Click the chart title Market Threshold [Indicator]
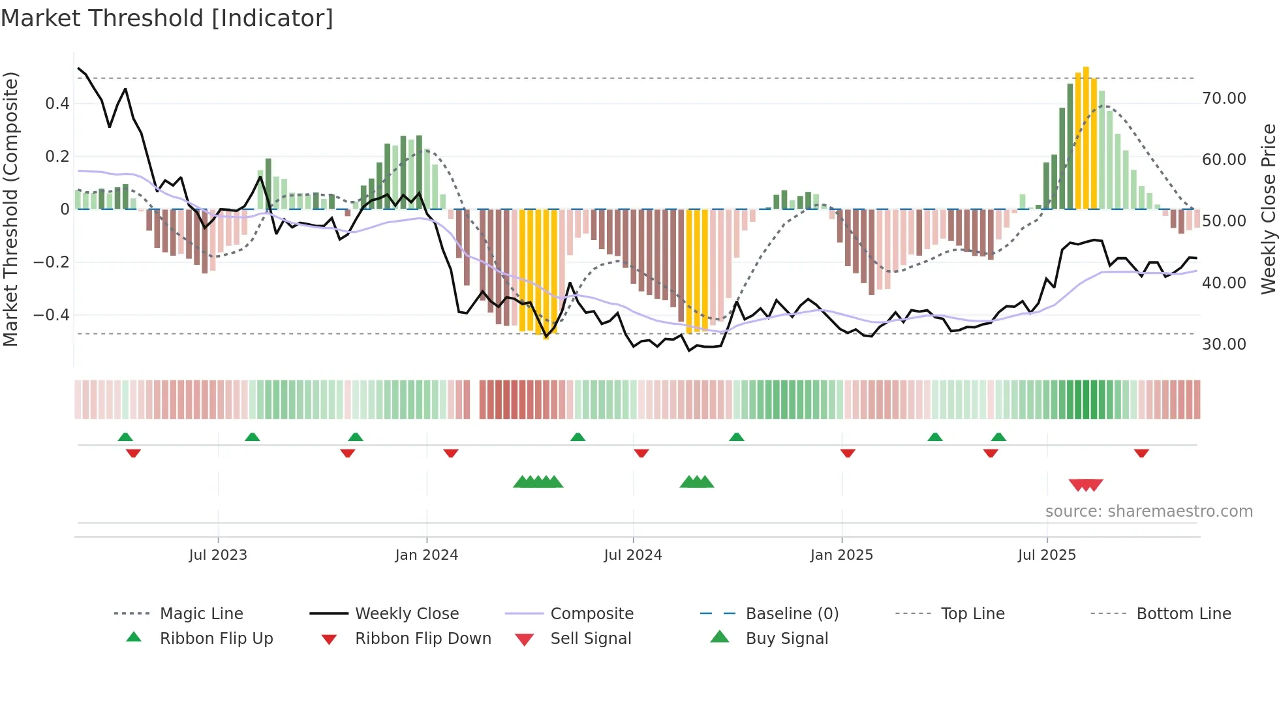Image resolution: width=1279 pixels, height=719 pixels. click(x=167, y=18)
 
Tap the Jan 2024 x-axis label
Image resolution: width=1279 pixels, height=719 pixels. click(x=426, y=555)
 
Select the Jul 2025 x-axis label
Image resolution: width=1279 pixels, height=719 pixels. click(x=1047, y=555)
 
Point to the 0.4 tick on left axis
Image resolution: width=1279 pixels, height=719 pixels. click(x=57, y=104)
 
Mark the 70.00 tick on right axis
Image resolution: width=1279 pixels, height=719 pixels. click(x=1224, y=99)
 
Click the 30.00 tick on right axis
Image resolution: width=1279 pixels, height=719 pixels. click(x=1224, y=344)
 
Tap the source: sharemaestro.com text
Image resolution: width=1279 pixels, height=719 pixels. click(x=1148, y=512)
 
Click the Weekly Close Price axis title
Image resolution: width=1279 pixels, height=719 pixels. click(x=1268, y=209)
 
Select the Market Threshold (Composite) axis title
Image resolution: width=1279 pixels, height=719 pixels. click(x=10, y=209)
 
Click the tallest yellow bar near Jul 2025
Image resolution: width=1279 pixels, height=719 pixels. click(x=1086, y=137)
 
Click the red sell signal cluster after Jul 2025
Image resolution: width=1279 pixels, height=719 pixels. click(x=1086, y=485)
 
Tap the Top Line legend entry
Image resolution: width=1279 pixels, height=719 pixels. click(x=972, y=614)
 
